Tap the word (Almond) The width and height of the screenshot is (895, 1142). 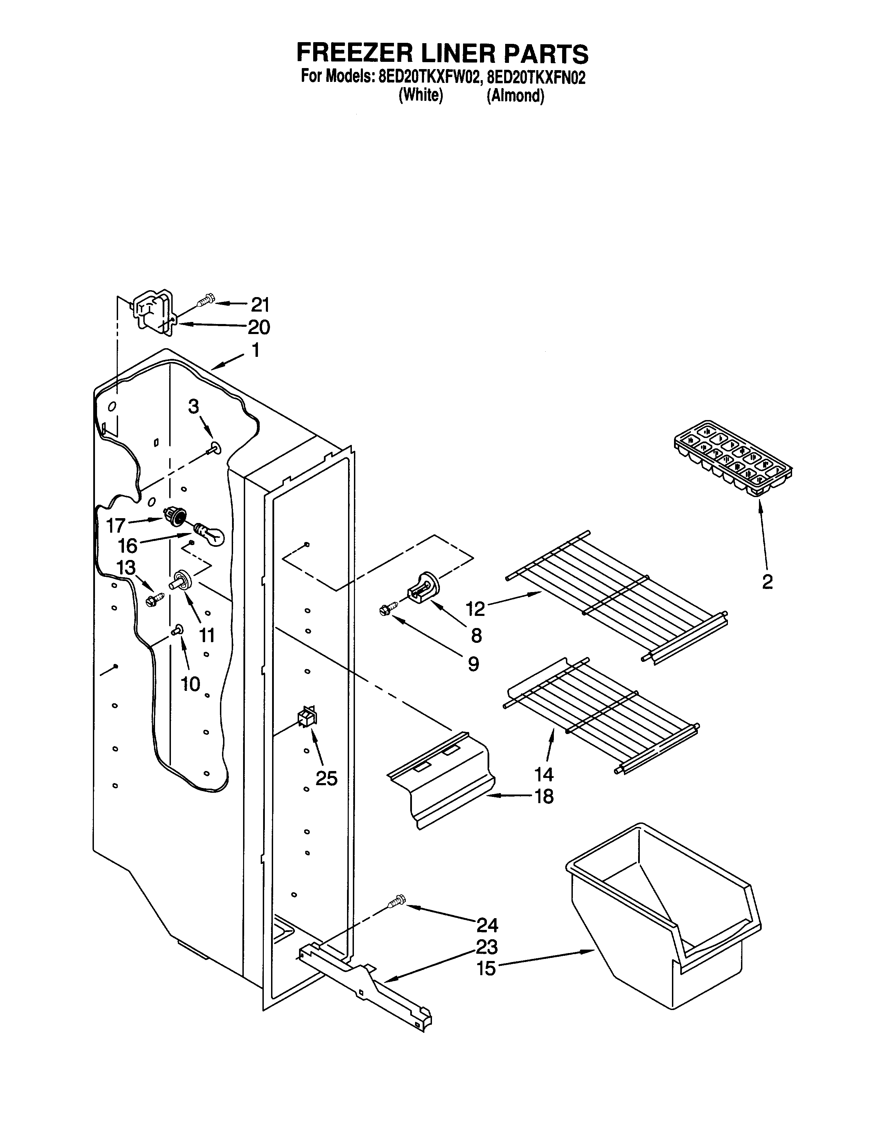[515, 96]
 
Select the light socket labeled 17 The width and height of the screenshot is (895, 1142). [175, 516]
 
